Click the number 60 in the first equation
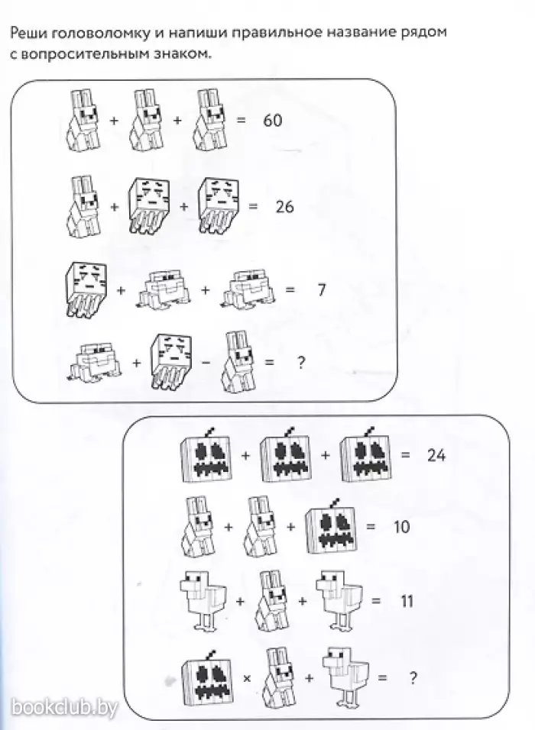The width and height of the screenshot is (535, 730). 273,120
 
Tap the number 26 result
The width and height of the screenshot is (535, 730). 285,206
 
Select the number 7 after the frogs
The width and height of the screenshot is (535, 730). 322,289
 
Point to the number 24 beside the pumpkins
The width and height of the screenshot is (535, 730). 436,455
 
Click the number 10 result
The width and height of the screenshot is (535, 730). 401,527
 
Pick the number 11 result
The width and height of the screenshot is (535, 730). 407,601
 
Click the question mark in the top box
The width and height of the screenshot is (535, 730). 301,362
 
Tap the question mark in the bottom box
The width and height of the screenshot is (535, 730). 413,678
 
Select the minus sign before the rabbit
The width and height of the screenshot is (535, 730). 206,363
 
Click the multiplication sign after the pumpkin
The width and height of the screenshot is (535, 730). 247,678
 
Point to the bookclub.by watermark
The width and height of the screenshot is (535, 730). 64,708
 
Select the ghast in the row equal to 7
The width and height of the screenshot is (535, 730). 86,289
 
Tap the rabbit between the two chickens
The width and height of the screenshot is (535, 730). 271,601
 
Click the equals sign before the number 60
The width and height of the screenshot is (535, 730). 241,120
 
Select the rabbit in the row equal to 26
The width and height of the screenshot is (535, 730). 84,205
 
